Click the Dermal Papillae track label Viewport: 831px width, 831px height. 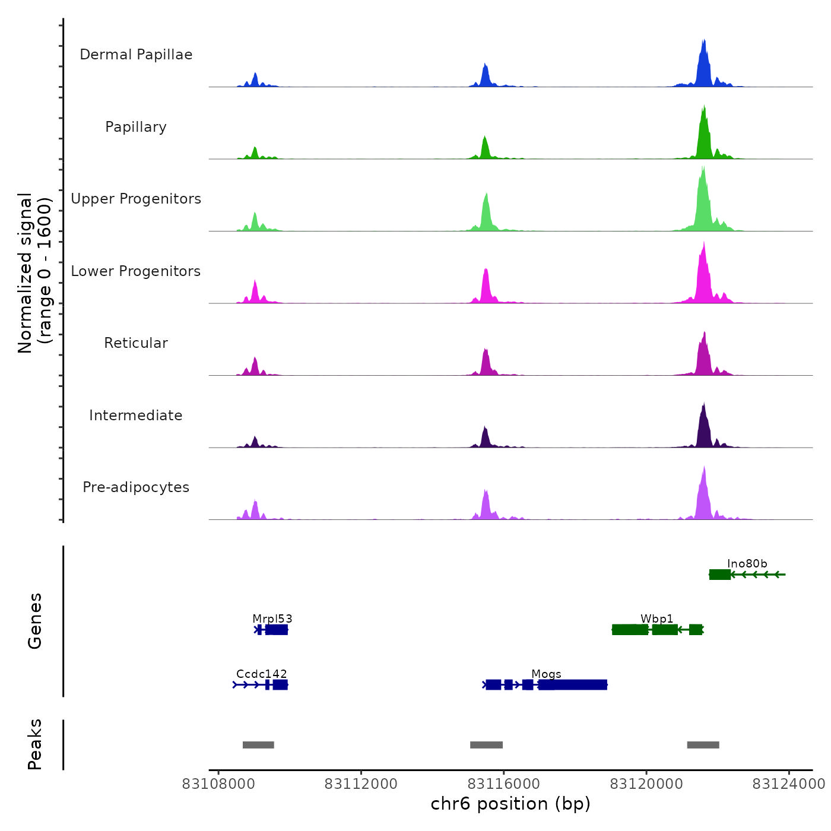click(x=136, y=55)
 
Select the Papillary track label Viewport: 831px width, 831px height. click(x=136, y=127)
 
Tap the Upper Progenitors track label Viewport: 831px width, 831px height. click(x=136, y=199)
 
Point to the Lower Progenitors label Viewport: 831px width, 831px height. click(x=136, y=271)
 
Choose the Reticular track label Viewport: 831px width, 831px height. click(x=136, y=343)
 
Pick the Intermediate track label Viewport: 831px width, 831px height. click(x=136, y=415)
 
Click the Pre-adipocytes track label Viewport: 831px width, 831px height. click(x=136, y=487)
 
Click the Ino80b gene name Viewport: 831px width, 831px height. click(x=747, y=564)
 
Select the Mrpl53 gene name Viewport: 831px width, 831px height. click(x=272, y=619)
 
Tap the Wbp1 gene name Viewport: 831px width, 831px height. click(x=657, y=619)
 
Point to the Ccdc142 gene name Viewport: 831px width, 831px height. click(x=262, y=674)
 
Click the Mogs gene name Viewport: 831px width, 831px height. click(x=547, y=674)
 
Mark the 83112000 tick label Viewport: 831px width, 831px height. click(x=361, y=784)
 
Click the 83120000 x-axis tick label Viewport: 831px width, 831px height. click(x=646, y=784)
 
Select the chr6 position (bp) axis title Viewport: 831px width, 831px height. click(x=510, y=804)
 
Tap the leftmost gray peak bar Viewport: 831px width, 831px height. click(x=258, y=745)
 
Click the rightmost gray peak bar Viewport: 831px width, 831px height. click(x=703, y=745)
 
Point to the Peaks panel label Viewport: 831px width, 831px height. click(x=35, y=744)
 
